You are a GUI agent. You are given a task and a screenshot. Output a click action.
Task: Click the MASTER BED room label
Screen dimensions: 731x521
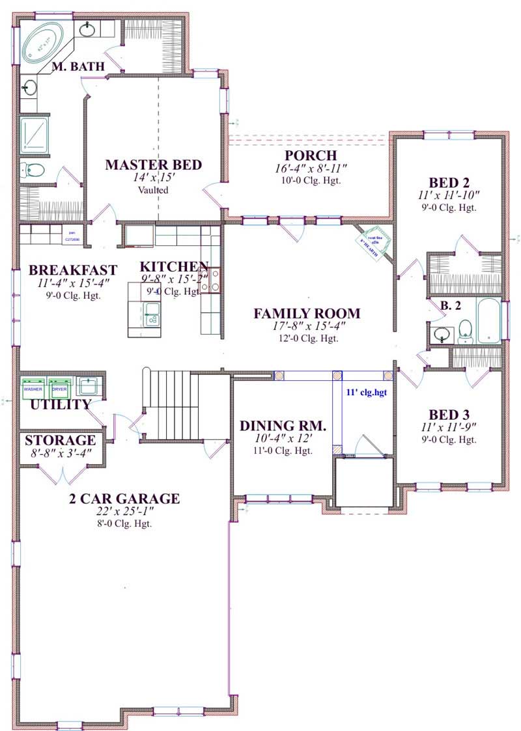(x=154, y=165)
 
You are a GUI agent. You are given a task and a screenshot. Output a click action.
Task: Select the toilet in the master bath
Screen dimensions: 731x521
(x=33, y=171)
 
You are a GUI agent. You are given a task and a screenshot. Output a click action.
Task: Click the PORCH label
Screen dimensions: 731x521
(x=310, y=156)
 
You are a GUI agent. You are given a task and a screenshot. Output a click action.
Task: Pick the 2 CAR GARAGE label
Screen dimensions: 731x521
(x=124, y=499)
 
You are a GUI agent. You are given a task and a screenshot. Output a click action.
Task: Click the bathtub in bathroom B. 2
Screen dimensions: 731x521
(x=488, y=321)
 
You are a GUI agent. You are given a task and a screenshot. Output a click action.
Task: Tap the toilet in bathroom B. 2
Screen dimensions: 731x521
(x=465, y=331)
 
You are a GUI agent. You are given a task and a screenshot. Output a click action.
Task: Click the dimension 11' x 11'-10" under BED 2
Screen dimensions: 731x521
(x=449, y=195)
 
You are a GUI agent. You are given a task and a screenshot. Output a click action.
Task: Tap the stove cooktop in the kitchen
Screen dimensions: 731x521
(x=214, y=280)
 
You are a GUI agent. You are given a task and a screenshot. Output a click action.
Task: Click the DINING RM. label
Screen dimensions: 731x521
(x=283, y=426)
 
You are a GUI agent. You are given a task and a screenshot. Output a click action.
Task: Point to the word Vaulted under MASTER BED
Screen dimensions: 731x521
(x=153, y=190)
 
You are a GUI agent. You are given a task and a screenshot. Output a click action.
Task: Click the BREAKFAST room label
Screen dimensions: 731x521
(x=73, y=269)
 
